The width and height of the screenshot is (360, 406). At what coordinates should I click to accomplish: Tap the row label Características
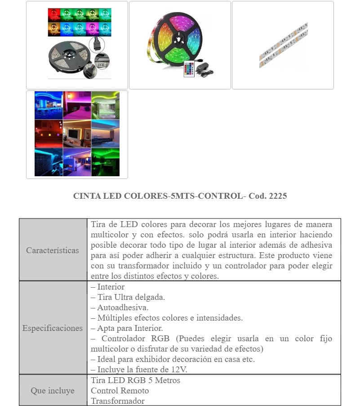tap(53, 250)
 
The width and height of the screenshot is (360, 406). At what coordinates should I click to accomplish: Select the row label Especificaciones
tap(53, 328)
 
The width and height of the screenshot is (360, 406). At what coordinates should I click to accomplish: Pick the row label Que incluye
tap(53, 391)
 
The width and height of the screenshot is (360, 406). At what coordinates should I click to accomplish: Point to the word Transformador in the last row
tap(118, 401)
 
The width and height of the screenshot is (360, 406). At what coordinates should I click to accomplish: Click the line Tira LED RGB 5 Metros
tap(135, 380)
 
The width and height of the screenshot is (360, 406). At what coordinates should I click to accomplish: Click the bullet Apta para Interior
tap(127, 328)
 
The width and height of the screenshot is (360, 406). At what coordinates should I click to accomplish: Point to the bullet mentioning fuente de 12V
tap(139, 370)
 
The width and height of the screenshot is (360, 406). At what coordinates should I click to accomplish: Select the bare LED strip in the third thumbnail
tap(283, 45)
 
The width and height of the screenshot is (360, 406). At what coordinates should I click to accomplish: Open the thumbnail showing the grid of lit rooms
tap(77, 134)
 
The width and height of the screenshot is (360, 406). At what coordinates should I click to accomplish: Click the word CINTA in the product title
tap(84, 196)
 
